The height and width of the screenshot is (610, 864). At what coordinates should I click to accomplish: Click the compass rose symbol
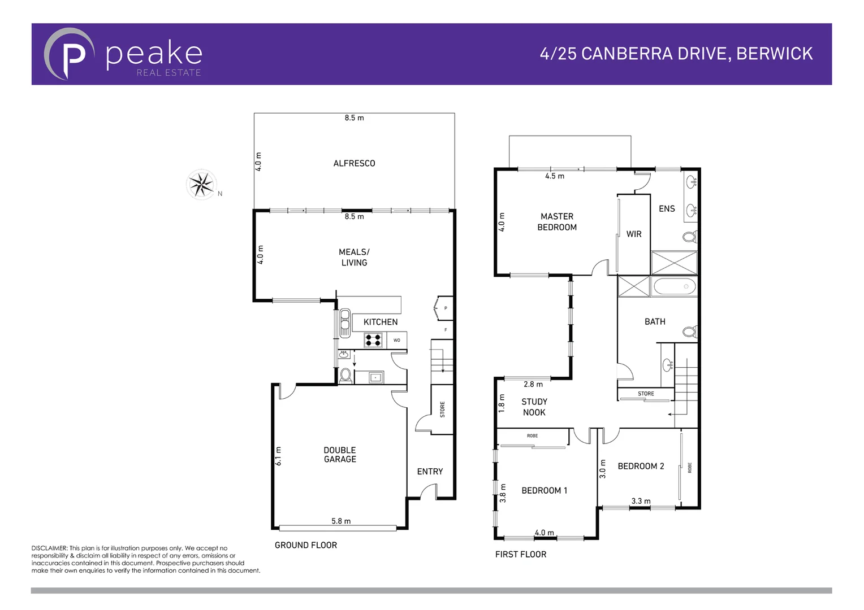pyautogui.click(x=201, y=184)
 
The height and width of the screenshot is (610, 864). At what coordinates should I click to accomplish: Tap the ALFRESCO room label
pyautogui.click(x=354, y=163)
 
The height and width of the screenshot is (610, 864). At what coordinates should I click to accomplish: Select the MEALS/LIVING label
pyautogui.click(x=354, y=257)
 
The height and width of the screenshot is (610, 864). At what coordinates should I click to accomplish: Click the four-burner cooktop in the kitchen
pyautogui.click(x=373, y=340)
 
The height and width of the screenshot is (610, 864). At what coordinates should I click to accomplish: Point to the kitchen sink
pyautogui.click(x=344, y=323)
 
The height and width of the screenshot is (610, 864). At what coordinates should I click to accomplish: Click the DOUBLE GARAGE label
pyautogui.click(x=340, y=455)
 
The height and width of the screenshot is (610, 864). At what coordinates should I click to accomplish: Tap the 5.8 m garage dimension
pyautogui.click(x=341, y=521)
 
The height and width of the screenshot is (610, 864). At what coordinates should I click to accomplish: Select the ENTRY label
pyautogui.click(x=430, y=472)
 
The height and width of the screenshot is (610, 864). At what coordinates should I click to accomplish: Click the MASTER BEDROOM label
pyautogui.click(x=557, y=221)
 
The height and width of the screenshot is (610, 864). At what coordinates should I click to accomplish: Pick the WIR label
pyautogui.click(x=634, y=234)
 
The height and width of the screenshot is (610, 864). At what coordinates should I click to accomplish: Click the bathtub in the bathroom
pyautogui.click(x=675, y=286)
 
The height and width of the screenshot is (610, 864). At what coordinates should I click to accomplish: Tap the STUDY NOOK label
pyautogui.click(x=534, y=407)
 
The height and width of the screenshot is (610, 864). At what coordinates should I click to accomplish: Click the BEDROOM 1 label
pyautogui.click(x=544, y=490)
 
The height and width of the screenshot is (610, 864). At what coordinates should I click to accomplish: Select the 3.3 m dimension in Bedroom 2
pyautogui.click(x=641, y=501)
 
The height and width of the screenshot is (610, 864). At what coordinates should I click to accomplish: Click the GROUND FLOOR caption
pyautogui.click(x=306, y=545)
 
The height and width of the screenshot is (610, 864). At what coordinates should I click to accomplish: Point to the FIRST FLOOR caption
pyautogui.click(x=521, y=554)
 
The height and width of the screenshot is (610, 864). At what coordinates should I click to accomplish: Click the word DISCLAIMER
pyautogui.click(x=49, y=548)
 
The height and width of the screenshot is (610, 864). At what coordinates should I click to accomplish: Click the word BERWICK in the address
pyautogui.click(x=774, y=54)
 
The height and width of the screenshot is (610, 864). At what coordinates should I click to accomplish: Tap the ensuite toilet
pyautogui.click(x=690, y=236)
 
